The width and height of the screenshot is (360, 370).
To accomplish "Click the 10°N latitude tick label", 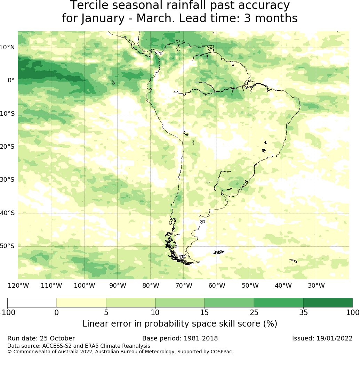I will pyautogui.click(x=7, y=47).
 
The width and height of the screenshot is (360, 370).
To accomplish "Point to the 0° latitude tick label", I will pyautogui.click(x=11, y=80).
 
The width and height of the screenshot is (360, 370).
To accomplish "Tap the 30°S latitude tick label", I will pyautogui.click(x=7, y=180).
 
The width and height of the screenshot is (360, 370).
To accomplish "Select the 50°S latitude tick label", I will pyautogui.click(x=7, y=246).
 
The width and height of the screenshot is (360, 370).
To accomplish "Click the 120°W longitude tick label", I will pyautogui.click(x=18, y=286).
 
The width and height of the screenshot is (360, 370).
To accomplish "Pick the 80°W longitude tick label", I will pyautogui.click(x=151, y=286).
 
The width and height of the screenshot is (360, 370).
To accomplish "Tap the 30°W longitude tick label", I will pyautogui.click(x=316, y=286).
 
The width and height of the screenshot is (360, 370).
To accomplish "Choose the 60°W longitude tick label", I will pyautogui.click(x=217, y=286).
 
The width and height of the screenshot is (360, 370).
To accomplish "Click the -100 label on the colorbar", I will pyautogui.click(x=7, y=312).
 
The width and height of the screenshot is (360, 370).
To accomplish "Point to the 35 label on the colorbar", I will pyautogui.click(x=303, y=312).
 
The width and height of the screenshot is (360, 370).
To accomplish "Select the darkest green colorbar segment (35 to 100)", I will pyautogui.click(x=328, y=303).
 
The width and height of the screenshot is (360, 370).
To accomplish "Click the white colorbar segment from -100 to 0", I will pyautogui.click(x=32, y=303).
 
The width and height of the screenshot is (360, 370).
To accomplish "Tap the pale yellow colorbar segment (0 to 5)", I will pyautogui.click(x=81, y=303).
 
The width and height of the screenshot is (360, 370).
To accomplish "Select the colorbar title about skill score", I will pyautogui.click(x=180, y=324).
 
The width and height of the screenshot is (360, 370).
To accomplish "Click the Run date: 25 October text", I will pyautogui.click(x=41, y=338).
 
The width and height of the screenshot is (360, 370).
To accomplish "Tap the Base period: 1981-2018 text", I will pyautogui.click(x=180, y=338).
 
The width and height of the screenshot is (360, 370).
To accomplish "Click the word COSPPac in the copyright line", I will pyautogui.click(x=221, y=352).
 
